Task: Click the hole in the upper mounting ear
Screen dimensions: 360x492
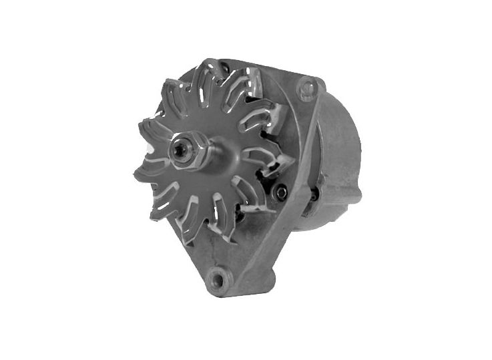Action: click(x=307, y=86)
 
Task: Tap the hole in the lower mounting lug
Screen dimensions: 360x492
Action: click(x=216, y=275)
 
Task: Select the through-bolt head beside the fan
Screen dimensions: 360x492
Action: click(x=281, y=192)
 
